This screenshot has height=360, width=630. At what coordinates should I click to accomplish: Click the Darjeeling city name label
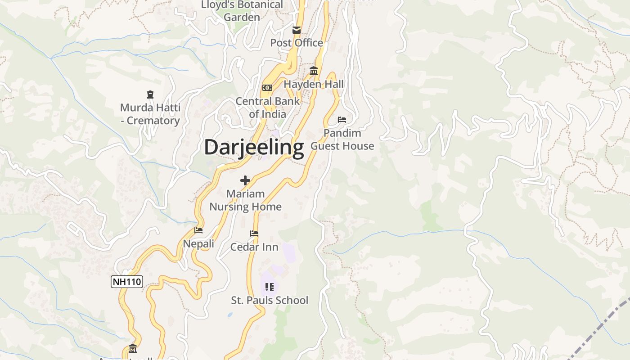point(254,148)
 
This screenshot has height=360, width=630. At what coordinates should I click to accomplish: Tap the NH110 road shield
point(127,282)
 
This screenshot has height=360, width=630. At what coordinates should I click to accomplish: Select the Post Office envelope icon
point(297,30)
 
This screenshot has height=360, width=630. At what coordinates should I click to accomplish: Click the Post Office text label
point(297,43)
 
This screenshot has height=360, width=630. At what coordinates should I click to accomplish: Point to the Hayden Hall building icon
point(314,71)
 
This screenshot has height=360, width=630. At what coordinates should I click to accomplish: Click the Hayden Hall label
point(314,84)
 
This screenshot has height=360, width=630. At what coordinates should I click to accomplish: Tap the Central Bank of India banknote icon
point(267,88)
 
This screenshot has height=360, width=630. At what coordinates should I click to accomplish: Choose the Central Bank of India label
point(268,108)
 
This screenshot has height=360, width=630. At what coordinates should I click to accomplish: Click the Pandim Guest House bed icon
point(342,120)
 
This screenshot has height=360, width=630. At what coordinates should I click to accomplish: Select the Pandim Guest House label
point(342,139)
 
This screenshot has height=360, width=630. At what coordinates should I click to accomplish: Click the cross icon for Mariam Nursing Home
point(245,180)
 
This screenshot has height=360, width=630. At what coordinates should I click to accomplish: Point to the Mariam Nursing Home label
point(246,200)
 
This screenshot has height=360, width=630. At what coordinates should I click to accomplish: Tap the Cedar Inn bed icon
point(254,234)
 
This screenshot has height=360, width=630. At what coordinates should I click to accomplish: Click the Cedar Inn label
point(254,247)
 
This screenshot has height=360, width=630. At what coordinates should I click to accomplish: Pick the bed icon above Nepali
point(198,230)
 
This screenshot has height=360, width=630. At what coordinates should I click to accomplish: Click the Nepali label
point(198,244)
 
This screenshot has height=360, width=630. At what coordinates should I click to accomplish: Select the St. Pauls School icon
point(270,287)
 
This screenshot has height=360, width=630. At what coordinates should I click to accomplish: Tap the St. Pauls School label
point(270,300)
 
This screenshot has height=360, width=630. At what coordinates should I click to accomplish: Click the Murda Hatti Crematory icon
point(150,94)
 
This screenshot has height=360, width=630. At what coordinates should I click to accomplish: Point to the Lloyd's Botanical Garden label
point(242,11)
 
